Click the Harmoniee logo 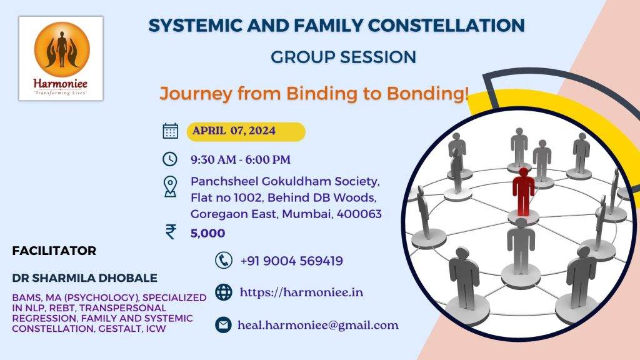click(x=61, y=57)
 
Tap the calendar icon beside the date click(x=170, y=131)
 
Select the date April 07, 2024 click(x=234, y=131)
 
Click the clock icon click(x=170, y=159)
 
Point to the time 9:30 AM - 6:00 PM click(x=240, y=159)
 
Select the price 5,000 click(x=207, y=233)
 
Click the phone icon click(x=223, y=260)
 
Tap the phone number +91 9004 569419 click(x=291, y=261)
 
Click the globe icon click(x=223, y=292)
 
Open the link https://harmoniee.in click(x=301, y=292)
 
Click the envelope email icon click(x=223, y=325)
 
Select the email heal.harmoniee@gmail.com click(x=317, y=325)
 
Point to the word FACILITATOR click(x=54, y=251)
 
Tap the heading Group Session click(x=343, y=57)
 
